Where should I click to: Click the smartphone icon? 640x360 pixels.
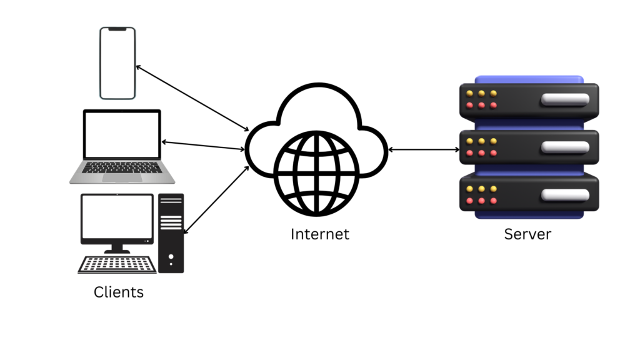click(117, 63)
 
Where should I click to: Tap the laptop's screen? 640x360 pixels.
click(122, 134)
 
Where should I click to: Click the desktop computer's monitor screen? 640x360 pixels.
click(117, 218)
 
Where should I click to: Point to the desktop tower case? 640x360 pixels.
click(171, 232)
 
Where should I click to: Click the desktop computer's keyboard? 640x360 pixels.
click(117, 265)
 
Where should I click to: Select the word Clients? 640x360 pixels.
click(119, 292)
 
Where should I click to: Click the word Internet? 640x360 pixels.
click(319, 235)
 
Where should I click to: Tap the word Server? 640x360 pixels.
click(527, 235)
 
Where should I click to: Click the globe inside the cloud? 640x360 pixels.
click(316, 172)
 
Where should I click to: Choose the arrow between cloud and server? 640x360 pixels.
click(423, 150)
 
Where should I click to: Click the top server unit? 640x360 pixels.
click(529, 100)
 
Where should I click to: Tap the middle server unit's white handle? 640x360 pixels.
click(565, 147)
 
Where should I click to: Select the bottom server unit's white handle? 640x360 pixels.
click(565, 194)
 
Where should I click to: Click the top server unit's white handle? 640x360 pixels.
click(565, 99)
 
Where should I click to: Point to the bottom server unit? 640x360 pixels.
click(529, 194)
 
